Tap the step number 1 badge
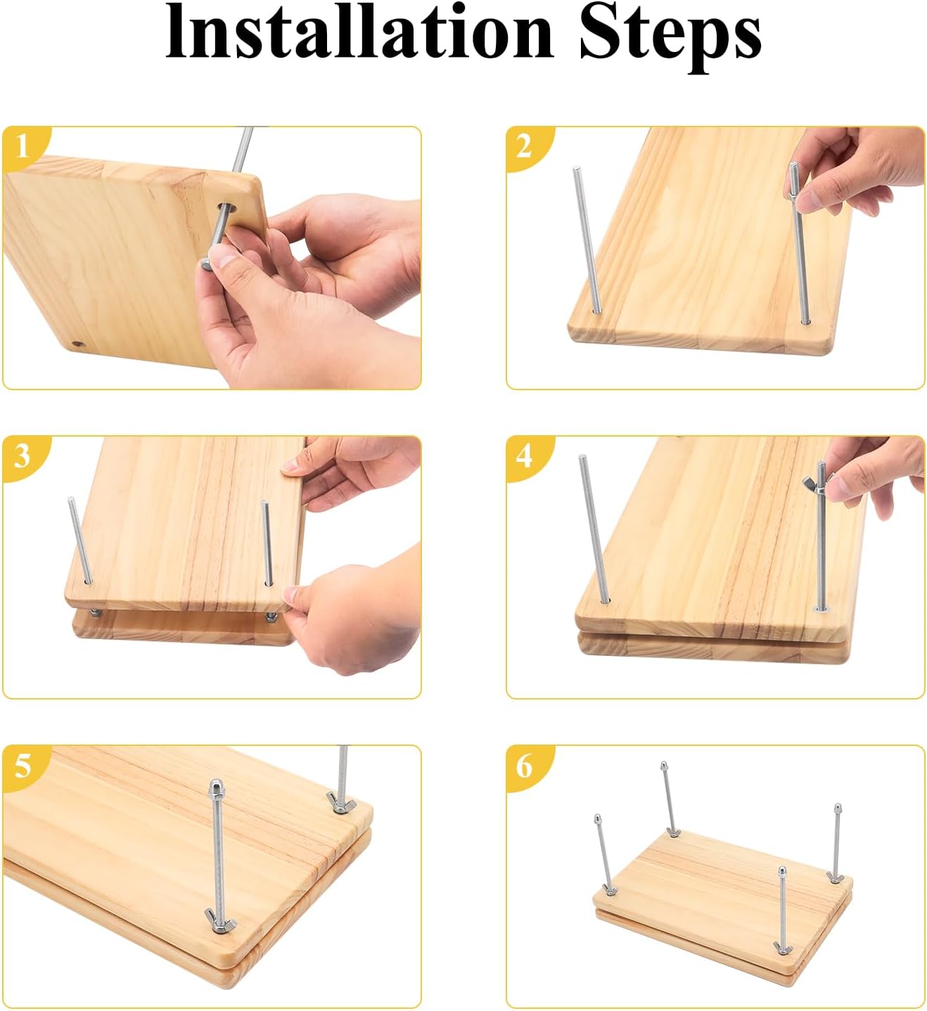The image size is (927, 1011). point(23,147)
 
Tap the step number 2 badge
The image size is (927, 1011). point(525,147)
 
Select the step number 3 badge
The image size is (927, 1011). point(23,456)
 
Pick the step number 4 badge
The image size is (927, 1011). point(525,456)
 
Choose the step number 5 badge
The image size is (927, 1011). point(23,766)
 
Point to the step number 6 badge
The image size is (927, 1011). point(525,766)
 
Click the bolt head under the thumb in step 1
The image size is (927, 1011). point(206,262)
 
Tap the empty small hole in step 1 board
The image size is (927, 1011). point(77,344)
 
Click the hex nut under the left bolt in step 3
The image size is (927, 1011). point(94,613)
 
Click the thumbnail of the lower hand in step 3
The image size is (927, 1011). point(291,595)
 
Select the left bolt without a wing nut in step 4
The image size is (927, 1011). point(594,529)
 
